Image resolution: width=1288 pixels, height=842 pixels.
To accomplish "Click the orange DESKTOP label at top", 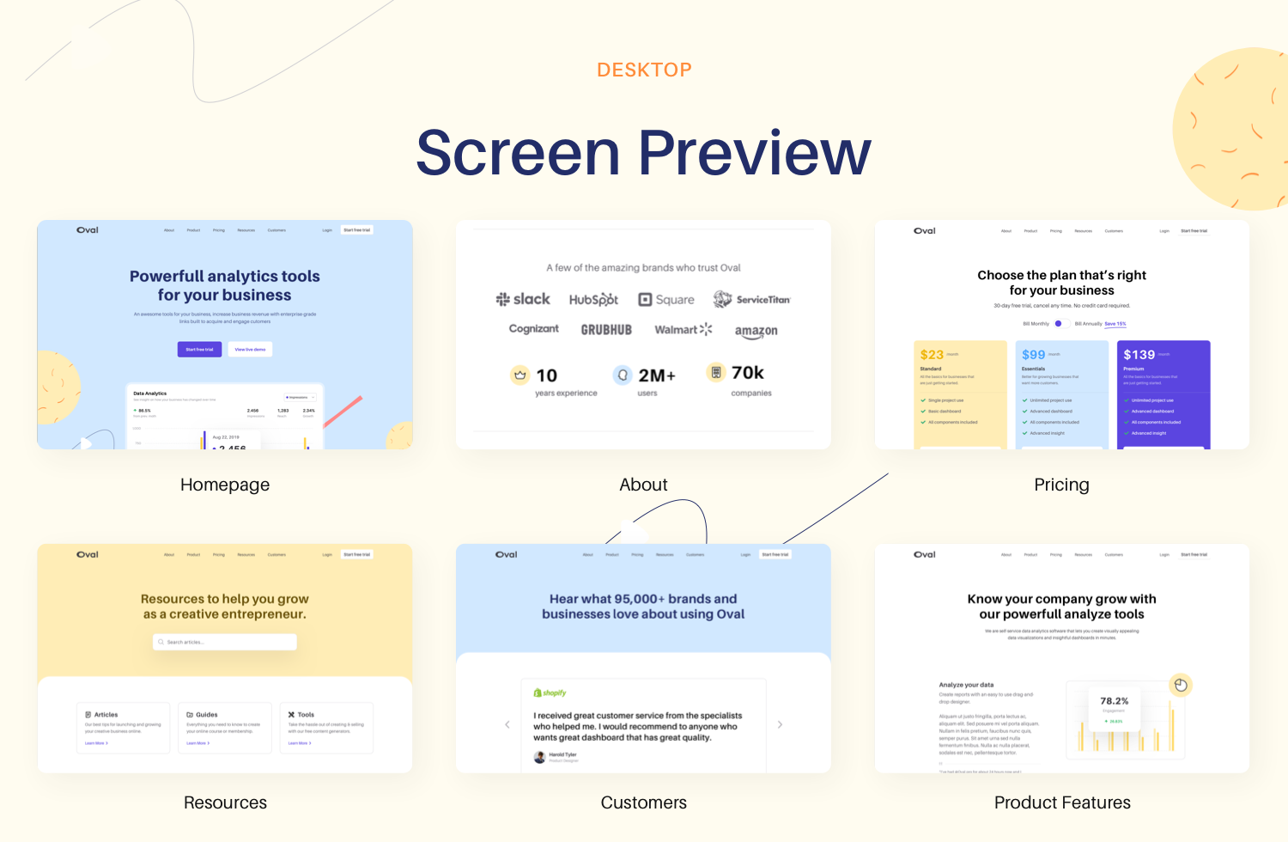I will point(644,70).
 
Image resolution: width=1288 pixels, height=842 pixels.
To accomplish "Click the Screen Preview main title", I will point(644,153).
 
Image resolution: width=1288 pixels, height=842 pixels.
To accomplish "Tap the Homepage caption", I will point(225,485).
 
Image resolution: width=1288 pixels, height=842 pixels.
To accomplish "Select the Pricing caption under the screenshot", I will point(1061,485).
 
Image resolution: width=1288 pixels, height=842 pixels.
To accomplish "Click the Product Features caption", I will point(1062,802).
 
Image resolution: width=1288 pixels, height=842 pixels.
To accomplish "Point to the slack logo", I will point(523,299).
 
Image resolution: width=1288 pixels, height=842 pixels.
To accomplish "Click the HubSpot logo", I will point(593,300).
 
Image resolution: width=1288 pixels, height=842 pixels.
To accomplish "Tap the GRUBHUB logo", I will point(606,330).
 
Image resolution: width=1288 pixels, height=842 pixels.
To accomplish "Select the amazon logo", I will point(756,331).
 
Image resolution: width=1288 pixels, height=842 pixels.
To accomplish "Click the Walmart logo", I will point(683,329).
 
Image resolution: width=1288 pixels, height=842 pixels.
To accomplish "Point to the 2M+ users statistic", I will point(656,375).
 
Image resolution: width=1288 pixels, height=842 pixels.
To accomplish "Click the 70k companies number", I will point(747,373).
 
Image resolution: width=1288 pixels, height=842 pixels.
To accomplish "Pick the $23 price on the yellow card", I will point(932,355).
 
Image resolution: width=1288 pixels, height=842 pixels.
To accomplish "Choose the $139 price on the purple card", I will point(1139,355).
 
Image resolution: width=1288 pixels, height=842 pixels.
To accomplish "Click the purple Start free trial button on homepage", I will point(199,349).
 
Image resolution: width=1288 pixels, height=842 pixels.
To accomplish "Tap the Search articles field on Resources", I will point(225,642).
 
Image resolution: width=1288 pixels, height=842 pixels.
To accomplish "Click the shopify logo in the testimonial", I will point(550,693).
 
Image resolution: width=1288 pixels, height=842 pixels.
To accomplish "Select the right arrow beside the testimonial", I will point(780,724).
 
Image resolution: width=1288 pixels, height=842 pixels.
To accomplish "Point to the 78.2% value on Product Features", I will point(1114,701).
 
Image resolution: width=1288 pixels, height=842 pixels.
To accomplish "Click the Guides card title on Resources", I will point(206,715).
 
